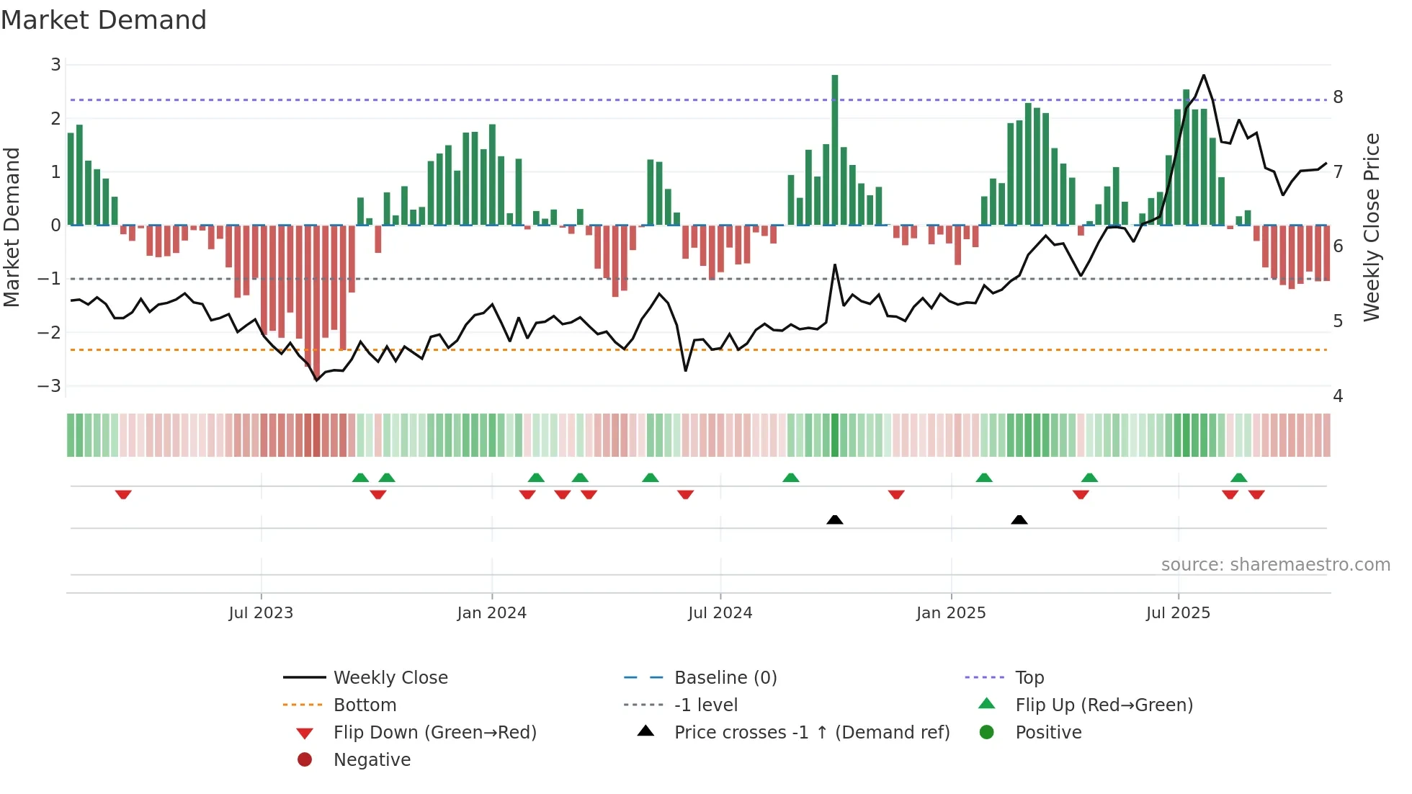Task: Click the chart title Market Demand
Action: [x=104, y=20]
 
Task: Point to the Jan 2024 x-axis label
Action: [x=491, y=613]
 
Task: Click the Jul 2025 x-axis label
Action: [x=1178, y=613]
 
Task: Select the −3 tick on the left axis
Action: [x=50, y=386]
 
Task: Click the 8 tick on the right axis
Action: [x=1338, y=97]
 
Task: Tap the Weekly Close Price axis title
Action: [x=1372, y=227]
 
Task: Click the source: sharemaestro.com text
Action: [x=1275, y=565]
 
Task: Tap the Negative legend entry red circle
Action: [x=305, y=760]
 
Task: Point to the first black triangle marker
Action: [x=834, y=519]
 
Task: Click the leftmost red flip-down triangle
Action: [x=123, y=494]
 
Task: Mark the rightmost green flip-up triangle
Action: [x=1238, y=478]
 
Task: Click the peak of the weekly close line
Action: [x=1204, y=75]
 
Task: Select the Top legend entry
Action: [x=1029, y=678]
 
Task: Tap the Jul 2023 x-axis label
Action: [x=261, y=613]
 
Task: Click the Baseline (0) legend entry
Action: [x=725, y=678]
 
